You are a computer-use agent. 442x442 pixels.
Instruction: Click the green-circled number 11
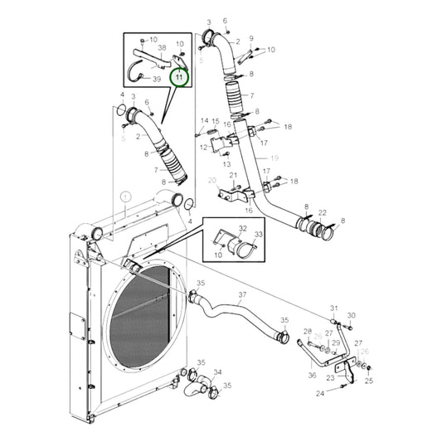(180, 77)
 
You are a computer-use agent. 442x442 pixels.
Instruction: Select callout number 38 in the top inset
(163, 49)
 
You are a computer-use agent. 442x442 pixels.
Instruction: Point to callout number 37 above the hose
(242, 294)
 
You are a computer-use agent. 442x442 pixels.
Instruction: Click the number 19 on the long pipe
(274, 157)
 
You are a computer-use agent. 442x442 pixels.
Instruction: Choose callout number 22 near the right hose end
(322, 213)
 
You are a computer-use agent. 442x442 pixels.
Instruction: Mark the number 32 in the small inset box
(243, 226)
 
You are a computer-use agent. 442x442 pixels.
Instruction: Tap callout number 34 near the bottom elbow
(217, 372)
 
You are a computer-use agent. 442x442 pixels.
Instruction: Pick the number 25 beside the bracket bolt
(369, 381)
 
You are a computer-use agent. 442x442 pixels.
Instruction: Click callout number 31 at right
(335, 308)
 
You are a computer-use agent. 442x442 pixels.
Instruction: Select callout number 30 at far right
(351, 315)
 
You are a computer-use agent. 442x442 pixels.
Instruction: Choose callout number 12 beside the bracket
(202, 148)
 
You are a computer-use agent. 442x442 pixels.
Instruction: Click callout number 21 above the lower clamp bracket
(234, 175)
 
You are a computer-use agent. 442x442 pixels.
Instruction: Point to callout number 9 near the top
(251, 38)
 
